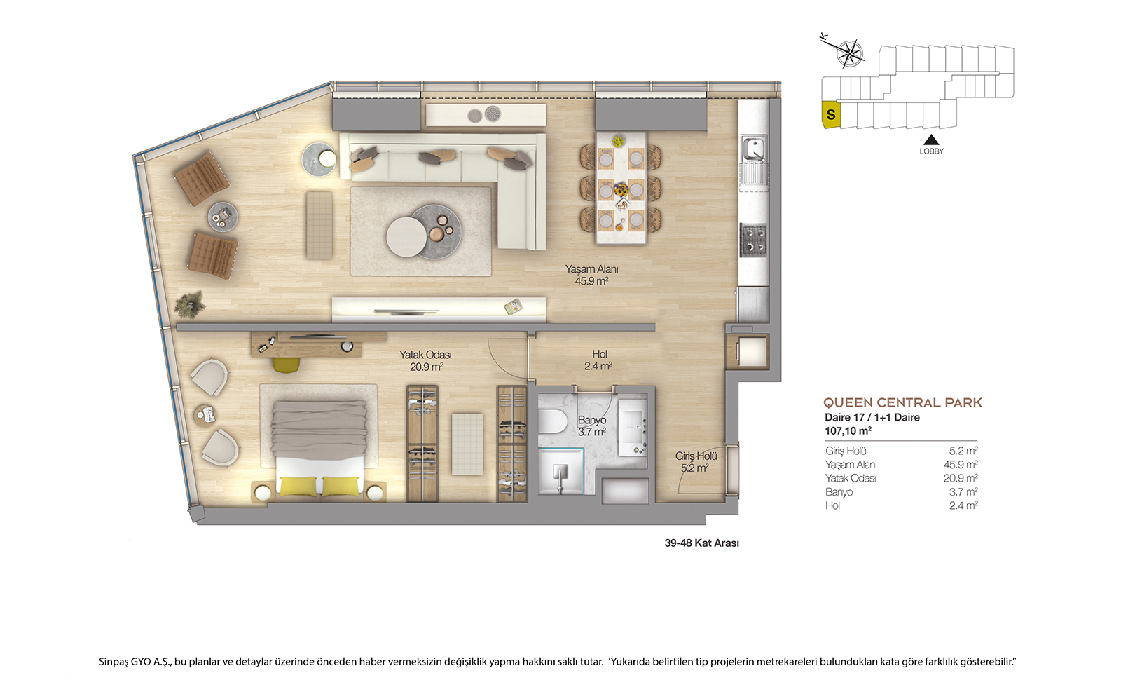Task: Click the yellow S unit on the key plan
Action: (831, 115)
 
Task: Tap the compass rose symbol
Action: (850, 53)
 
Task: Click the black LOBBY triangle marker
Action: (931, 140)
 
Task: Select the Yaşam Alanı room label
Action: (591, 275)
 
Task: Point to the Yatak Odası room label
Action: (425, 360)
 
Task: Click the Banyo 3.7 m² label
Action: (592, 426)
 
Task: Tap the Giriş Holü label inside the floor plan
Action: (696, 462)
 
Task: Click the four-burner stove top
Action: (754, 240)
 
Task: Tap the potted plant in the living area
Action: (190, 304)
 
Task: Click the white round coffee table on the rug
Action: (406, 236)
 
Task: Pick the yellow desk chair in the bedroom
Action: (287, 365)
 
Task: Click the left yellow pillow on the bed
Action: (298, 487)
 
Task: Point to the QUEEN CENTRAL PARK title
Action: (903, 402)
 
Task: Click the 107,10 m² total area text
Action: (848, 430)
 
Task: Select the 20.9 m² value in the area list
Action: (961, 478)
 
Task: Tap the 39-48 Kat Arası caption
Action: (701, 543)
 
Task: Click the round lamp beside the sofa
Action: (328, 158)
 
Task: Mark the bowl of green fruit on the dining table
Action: (619, 141)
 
